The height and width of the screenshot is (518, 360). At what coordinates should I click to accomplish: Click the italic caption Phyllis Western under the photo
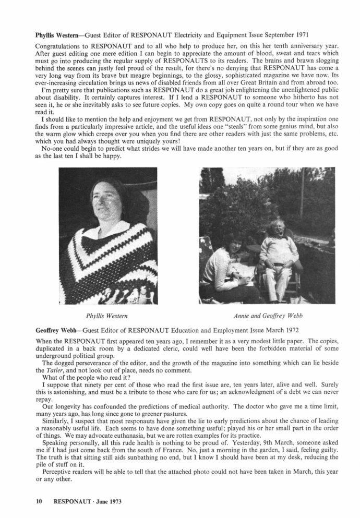coord(107,316)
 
